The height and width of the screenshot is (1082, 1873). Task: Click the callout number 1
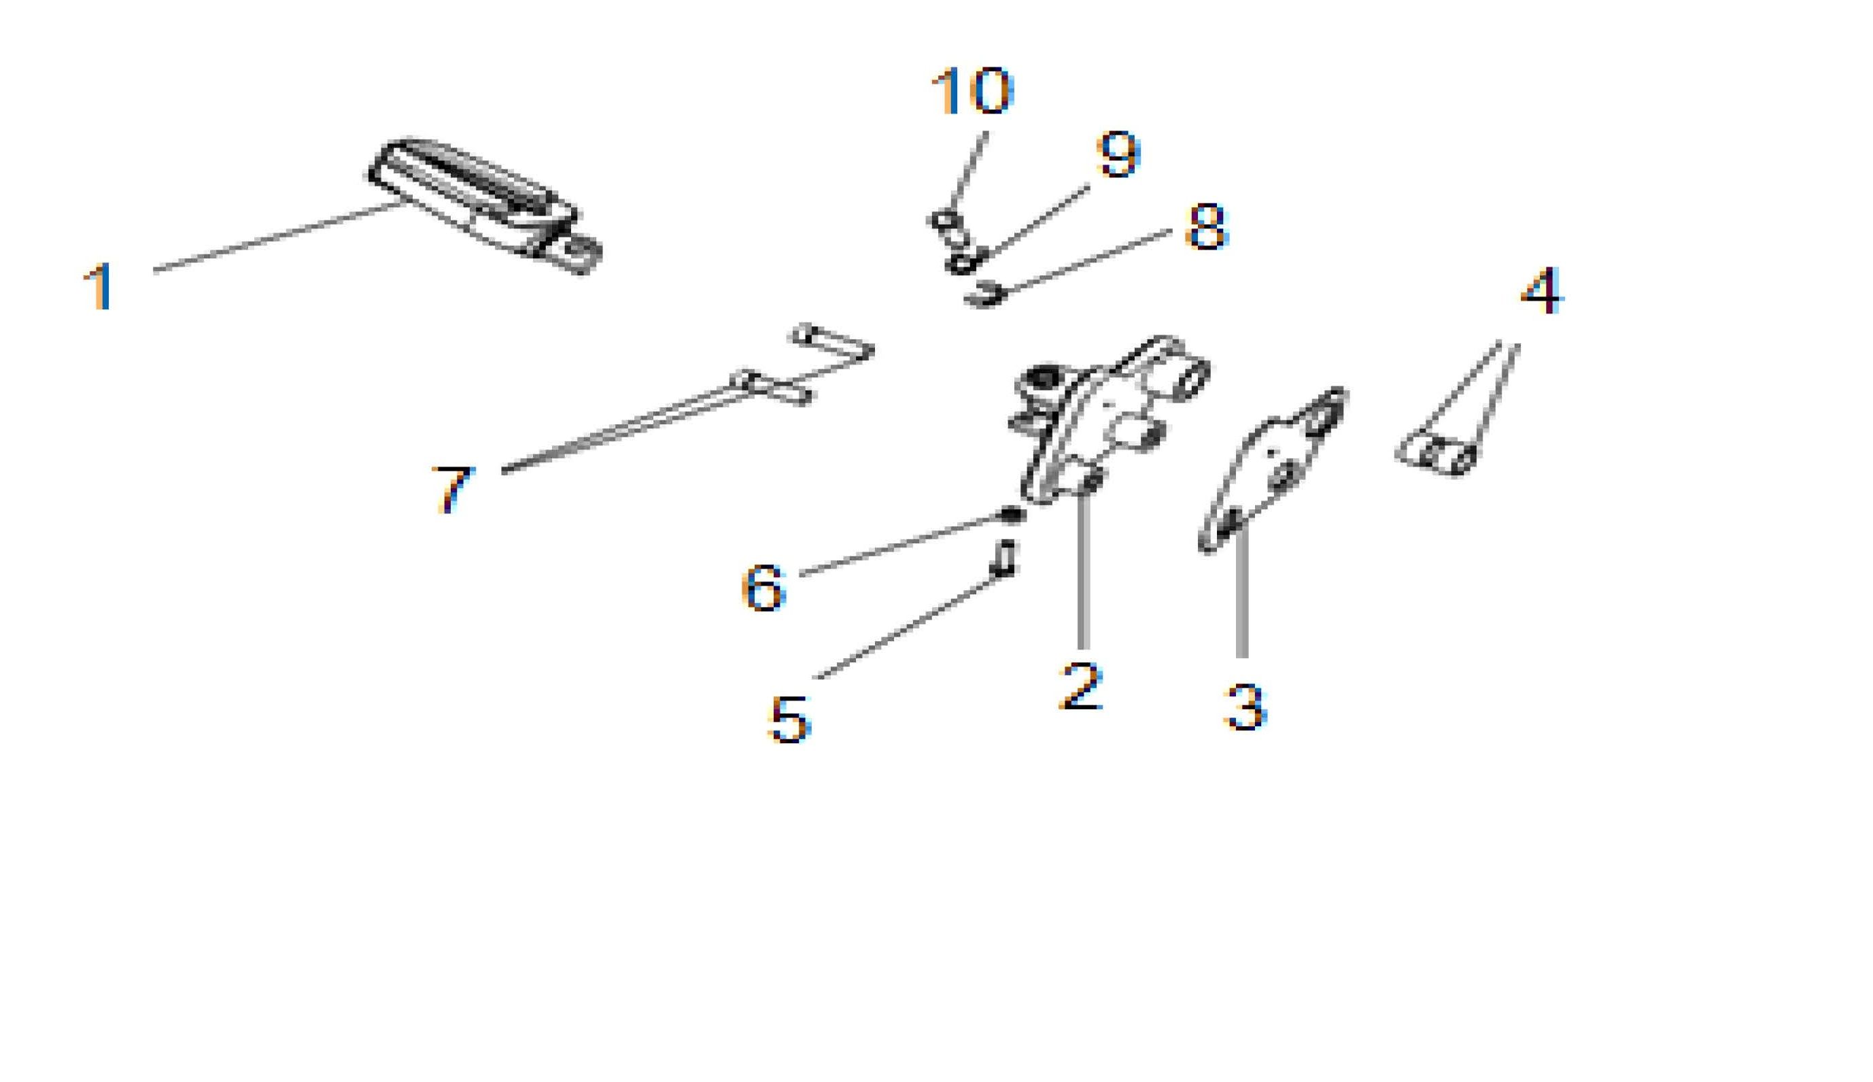pyautogui.click(x=99, y=287)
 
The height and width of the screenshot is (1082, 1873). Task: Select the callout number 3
pyautogui.click(x=1245, y=707)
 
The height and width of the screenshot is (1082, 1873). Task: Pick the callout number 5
pyautogui.click(x=789, y=720)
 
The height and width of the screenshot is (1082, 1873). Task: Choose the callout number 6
pyautogui.click(x=763, y=587)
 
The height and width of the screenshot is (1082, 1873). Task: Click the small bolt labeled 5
pyautogui.click(x=1004, y=558)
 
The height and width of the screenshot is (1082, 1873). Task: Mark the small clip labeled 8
pyautogui.click(x=986, y=294)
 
